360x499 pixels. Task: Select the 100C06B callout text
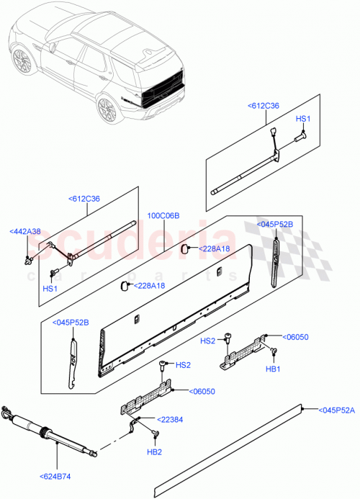tap(164, 215)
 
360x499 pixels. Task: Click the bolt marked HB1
tap(274, 351)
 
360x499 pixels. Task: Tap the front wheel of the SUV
tap(24, 62)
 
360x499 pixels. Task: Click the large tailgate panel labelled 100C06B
tap(176, 310)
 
